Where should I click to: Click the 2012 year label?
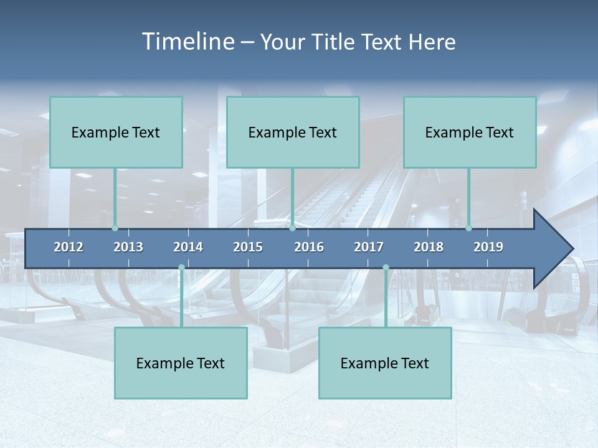(69, 247)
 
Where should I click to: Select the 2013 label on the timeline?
(128, 247)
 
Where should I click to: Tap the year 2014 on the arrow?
(188, 247)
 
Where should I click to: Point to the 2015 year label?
(248, 247)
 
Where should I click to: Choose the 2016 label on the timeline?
(309, 247)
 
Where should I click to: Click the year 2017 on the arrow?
(369, 247)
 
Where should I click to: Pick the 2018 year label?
(429, 247)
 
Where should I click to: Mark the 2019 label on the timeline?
(488, 247)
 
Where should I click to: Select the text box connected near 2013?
(116, 132)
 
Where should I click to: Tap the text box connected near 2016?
(293, 132)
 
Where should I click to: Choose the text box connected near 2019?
(470, 132)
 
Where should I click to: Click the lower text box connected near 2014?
(181, 363)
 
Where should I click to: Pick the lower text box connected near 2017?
(385, 363)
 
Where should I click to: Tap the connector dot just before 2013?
(115, 228)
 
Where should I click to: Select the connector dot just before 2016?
(292, 228)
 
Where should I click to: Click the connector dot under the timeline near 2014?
(181, 268)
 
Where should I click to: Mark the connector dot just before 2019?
(469, 228)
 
